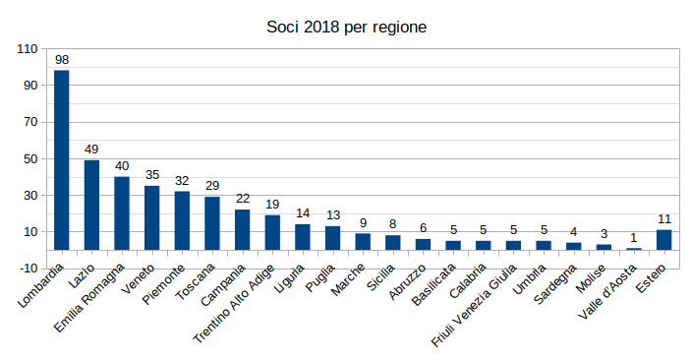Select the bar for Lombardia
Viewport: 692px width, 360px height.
pyautogui.click(x=62, y=159)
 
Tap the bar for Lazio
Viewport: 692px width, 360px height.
pyautogui.click(x=91, y=205)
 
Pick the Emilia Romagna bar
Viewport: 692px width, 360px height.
pyautogui.click(x=122, y=212)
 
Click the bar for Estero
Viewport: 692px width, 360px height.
pyautogui.click(x=664, y=239)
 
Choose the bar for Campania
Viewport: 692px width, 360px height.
pyautogui.click(x=242, y=229)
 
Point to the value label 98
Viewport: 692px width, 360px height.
pyautogui.click(x=62, y=60)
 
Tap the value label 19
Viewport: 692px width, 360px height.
pyautogui.click(x=272, y=205)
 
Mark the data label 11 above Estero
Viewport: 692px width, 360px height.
pyautogui.click(x=664, y=219)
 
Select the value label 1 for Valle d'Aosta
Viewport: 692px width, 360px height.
pyautogui.click(x=634, y=238)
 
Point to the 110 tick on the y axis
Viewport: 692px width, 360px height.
pyautogui.click(x=27, y=48)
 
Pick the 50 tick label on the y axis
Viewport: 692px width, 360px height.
pyautogui.click(x=30, y=158)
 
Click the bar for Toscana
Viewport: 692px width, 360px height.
pyautogui.click(x=212, y=222)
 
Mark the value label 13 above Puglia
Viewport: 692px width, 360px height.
pyautogui.click(x=332, y=215)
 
